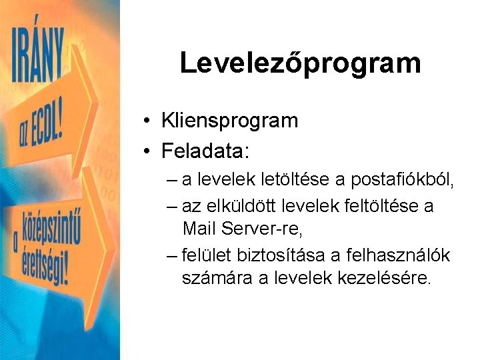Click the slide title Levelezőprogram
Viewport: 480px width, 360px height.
coord(300,63)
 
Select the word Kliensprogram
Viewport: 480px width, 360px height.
coord(229,121)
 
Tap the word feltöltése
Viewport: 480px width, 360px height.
coord(373,206)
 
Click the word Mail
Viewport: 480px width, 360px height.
coord(197,230)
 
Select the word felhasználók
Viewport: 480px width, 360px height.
coord(401,255)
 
